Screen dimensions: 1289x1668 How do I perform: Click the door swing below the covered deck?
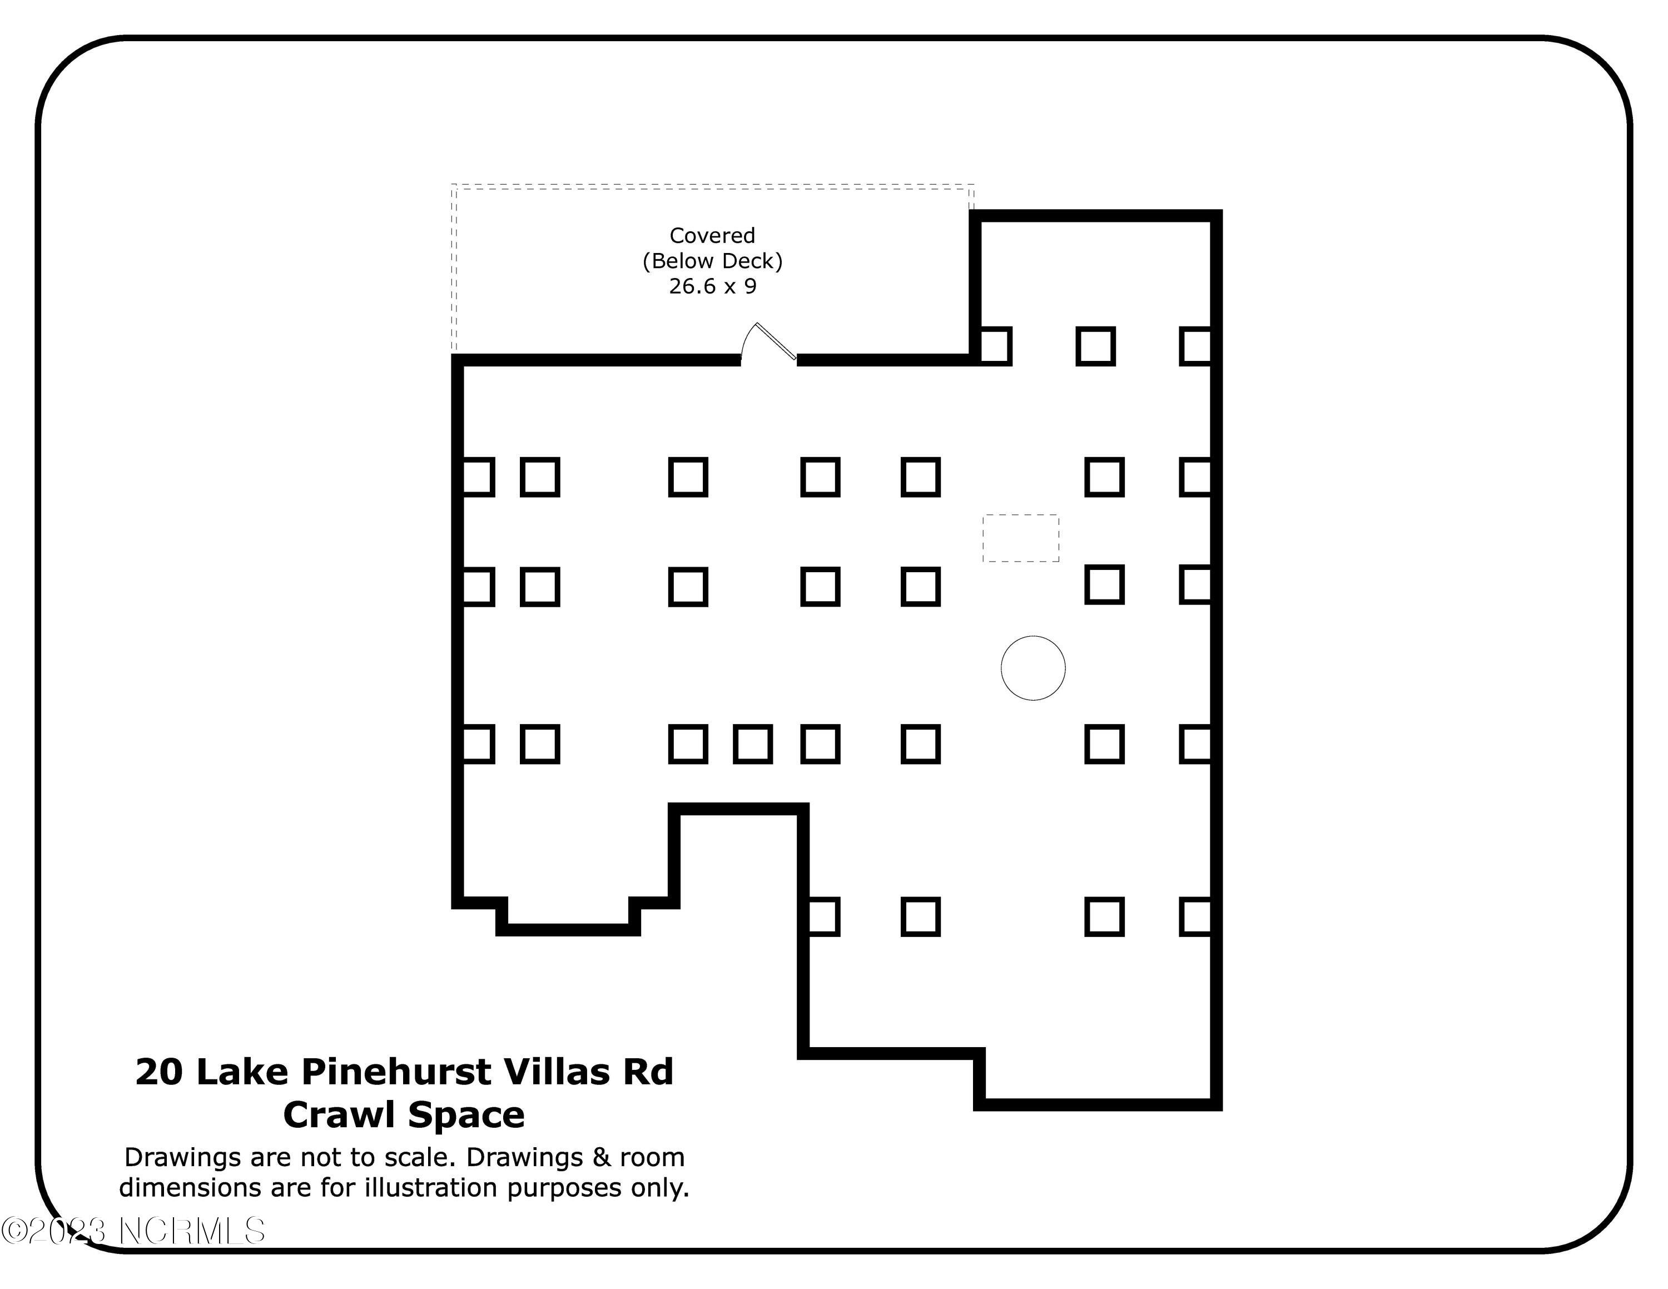click(x=768, y=344)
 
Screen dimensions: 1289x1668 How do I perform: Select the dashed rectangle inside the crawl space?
click(x=1020, y=538)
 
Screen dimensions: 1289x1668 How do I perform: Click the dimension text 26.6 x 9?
click(x=713, y=286)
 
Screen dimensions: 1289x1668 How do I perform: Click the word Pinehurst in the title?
click(x=396, y=1072)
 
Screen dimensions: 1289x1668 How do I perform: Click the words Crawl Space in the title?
click(x=404, y=1115)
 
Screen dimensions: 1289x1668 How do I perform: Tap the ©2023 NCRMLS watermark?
click(x=133, y=1231)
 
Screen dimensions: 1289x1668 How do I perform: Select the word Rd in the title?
click(x=648, y=1072)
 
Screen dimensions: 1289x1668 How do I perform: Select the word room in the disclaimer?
click(x=652, y=1158)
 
